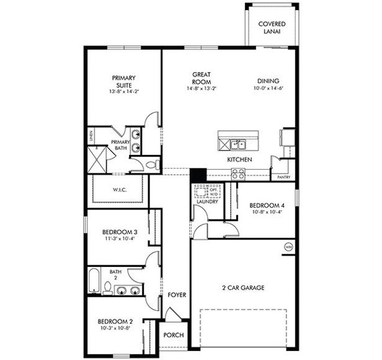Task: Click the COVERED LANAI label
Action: [271, 28]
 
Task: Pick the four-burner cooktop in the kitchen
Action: [238, 174]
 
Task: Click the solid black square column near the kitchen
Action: [198, 175]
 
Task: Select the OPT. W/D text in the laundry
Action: [213, 192]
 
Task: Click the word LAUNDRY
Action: [207, 202]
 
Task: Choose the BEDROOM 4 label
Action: [265, 206]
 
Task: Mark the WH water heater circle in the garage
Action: [287, 246]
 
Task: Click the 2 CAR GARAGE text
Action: [243, 287]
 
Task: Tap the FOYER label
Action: [177, 295]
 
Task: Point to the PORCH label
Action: [174, 335]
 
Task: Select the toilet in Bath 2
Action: [108, 290]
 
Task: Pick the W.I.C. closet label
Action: [119, 190]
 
